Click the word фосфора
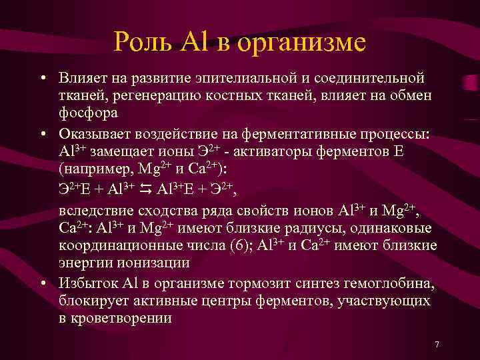coord(89,113)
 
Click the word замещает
coord(125,150)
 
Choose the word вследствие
coord(97,212)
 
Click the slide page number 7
coord(437,345)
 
